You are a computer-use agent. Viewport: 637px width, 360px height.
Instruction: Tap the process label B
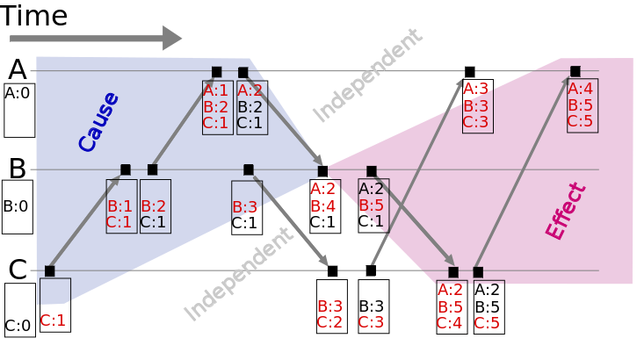point(17,168)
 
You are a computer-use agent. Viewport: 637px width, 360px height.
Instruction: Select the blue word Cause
point(98,122)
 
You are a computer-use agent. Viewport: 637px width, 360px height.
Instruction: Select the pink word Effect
point(564,212)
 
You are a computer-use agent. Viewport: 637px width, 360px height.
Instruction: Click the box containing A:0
point(19,110)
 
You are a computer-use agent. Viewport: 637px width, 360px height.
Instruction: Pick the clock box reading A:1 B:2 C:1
point(216,107)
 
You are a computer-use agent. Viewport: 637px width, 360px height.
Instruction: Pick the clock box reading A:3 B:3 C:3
point(477,106)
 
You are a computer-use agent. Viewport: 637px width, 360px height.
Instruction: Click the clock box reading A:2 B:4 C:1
point(322,205)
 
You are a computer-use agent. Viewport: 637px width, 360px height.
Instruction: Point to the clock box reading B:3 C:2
point(331,306)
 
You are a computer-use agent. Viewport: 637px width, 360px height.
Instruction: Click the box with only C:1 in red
point(54,306)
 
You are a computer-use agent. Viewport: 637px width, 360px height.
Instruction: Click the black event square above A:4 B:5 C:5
point(575,71)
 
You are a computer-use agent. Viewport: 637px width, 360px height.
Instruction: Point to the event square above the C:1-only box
point(50,270)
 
